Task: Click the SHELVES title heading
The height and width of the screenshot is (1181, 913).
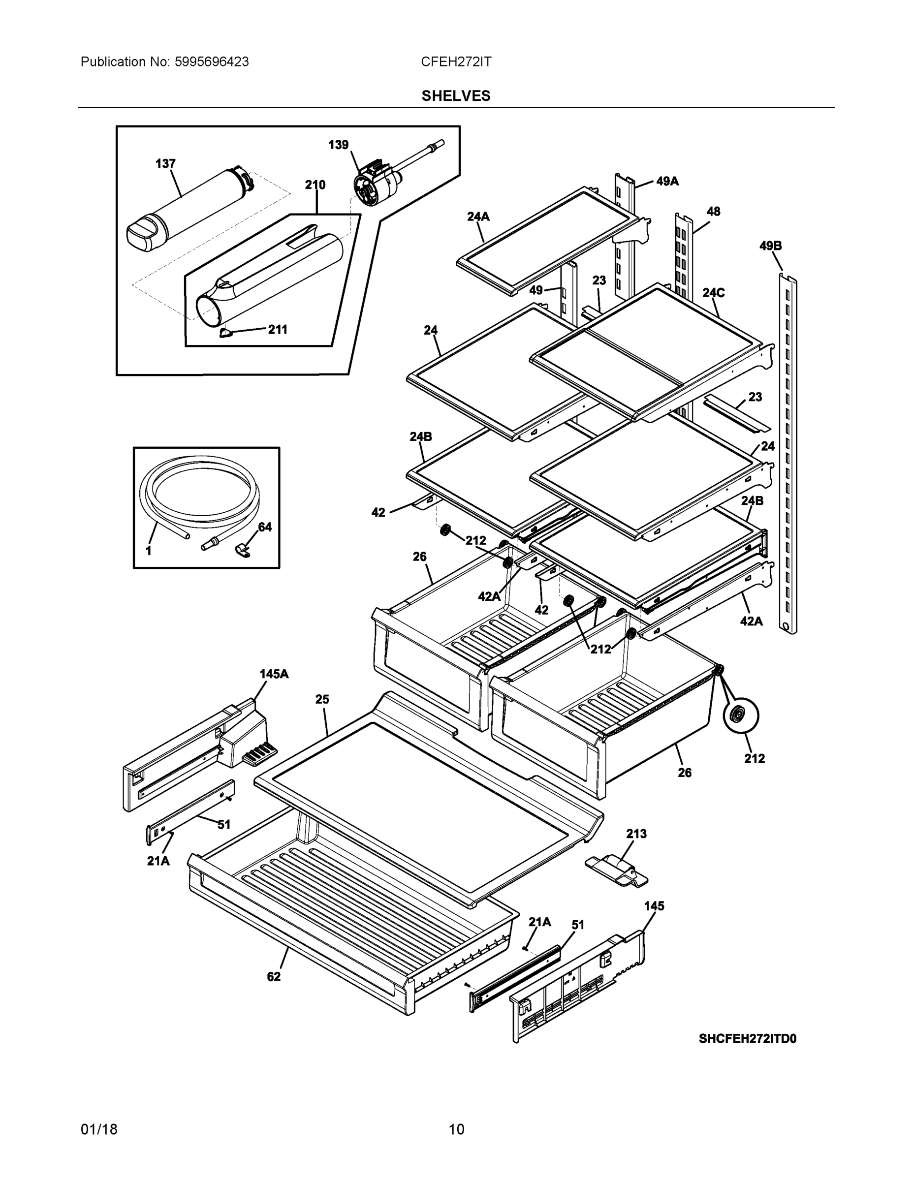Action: pos(456,96)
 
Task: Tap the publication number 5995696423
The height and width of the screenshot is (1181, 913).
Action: pos(212,62)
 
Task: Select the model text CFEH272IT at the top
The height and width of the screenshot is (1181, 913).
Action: pos(456,62)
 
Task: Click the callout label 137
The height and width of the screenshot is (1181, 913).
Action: pos(165,164)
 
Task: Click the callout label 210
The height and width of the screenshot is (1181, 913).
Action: pos(315,185)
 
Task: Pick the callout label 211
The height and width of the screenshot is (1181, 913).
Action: pos(278,329)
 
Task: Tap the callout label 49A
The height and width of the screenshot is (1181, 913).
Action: pos(667,182)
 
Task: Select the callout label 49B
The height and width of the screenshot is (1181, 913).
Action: pos(770,246)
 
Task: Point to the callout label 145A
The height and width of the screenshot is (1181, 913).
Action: pos(274,674)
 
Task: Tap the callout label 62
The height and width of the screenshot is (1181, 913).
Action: pos(274,977)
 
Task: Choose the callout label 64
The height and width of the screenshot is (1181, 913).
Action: pos(264,527)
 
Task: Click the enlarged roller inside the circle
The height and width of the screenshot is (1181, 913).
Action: pos(740,715)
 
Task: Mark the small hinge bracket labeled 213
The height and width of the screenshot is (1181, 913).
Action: pos(617,870)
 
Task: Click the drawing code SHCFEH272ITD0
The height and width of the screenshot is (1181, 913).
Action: pos(747,1039)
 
